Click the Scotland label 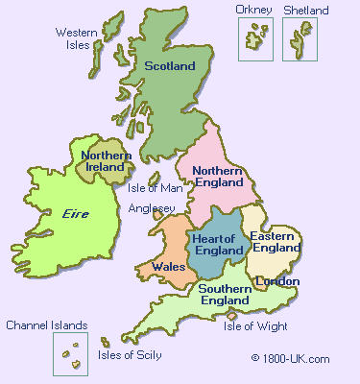pos(170,66)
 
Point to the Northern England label pos(222,177)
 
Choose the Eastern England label pos(276,242)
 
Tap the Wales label pos(168,267)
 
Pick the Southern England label pos(226,295)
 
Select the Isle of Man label pos(155,188)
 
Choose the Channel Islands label pos(47,325)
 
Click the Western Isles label pos(76,38)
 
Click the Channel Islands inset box pos(70,354)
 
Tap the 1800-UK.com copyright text pos(290,358)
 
